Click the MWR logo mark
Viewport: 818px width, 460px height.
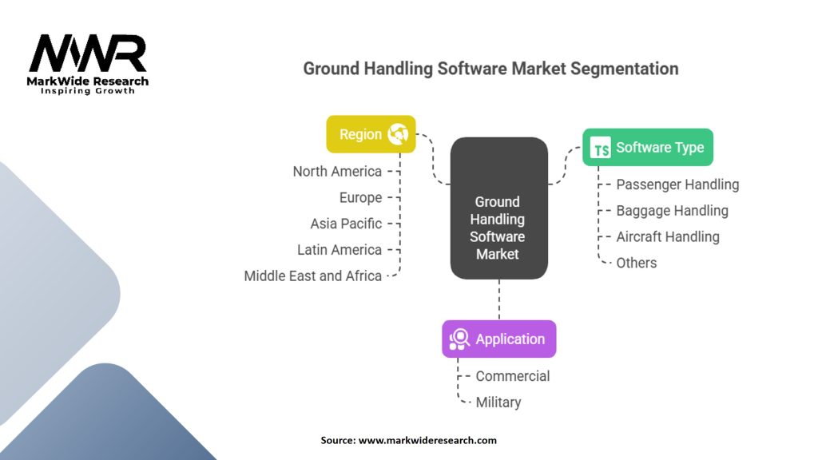click(x=88, y=54)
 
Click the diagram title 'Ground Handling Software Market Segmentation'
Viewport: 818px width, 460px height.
click(x=490, y=69)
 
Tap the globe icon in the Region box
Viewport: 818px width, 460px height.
click(x=398, y=134)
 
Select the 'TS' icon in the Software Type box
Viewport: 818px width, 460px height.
click(x=601, y=148)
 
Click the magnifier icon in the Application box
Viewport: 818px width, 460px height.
click(x=459, y=339)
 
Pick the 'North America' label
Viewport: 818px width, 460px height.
click(x=337, y=172)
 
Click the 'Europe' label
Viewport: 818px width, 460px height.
click(x=360, y=198)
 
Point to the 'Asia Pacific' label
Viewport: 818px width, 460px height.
click(x=346, y=224)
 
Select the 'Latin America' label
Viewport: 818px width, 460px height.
click(x=339, y=250)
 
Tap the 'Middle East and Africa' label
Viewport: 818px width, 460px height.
click(x=313, y=276)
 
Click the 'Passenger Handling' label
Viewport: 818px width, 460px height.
click(x=677, y=184)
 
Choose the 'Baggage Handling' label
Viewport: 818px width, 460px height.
click(x=672, y=211)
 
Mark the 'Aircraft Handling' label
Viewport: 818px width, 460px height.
click(x=668, y=236)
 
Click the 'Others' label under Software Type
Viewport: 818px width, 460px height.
click(x=637, y=263)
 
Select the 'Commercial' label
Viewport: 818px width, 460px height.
click(x=513, y=376)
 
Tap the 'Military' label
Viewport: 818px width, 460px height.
click(x=498, y=402)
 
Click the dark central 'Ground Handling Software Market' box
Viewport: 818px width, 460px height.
click(x=499, y=208)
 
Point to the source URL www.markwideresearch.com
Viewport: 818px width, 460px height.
click(x=427, y=440)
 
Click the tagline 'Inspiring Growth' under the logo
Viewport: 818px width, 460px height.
click(x=88, y=91)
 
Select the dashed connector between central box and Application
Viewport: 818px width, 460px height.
click(x=499, y=300)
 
